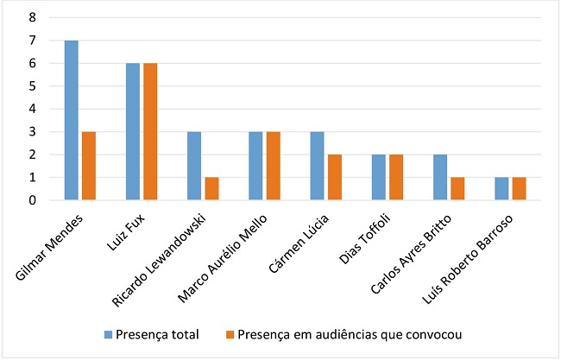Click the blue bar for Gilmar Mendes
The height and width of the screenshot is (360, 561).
[x=72, y=121]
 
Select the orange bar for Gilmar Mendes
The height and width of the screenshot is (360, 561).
[x=88, y=166]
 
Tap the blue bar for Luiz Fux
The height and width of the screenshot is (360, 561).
[x=133, y=132]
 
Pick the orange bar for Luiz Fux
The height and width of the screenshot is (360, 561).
[x=149, y=132]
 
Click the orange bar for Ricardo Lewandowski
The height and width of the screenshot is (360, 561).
[x=211, y=189]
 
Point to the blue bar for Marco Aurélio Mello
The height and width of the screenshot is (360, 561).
[x=256, y=166]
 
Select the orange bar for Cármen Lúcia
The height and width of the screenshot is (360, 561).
[x=334, y=178]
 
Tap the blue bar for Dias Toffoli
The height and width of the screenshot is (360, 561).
[x=379, y=178]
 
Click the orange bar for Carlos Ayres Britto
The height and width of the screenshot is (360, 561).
[x=457, y=189]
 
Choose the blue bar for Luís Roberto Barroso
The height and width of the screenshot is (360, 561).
[x=502, y=189]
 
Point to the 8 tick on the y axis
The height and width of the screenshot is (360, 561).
[x=32, y=17]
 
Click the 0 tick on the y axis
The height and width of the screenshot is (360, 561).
[x=32, y=200]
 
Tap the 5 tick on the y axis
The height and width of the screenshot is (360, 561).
[x=32, y=86]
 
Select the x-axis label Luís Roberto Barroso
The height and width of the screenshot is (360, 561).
[x=476, y=250]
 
